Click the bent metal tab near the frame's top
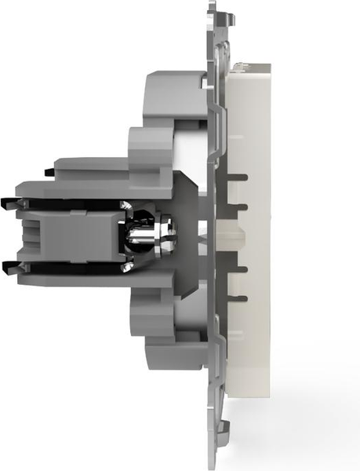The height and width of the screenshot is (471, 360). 224,47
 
